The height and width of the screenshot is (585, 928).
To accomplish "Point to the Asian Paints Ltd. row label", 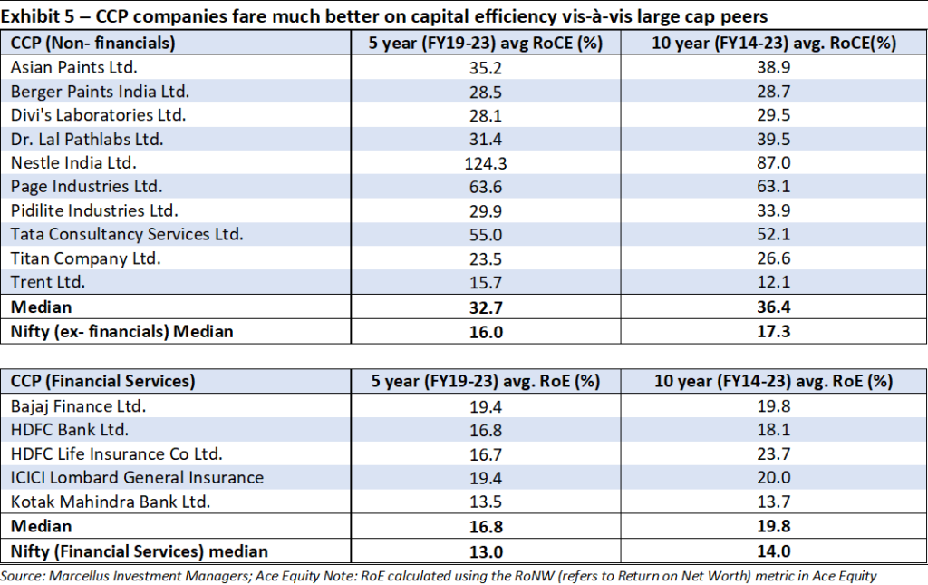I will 73,67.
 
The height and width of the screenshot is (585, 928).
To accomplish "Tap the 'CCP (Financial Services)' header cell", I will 102,382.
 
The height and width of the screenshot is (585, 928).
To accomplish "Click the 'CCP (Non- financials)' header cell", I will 92,43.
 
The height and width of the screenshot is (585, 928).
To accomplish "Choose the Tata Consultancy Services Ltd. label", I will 127,234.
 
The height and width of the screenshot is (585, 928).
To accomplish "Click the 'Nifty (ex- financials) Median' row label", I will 121,331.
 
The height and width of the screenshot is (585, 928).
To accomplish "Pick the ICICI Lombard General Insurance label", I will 137,478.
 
